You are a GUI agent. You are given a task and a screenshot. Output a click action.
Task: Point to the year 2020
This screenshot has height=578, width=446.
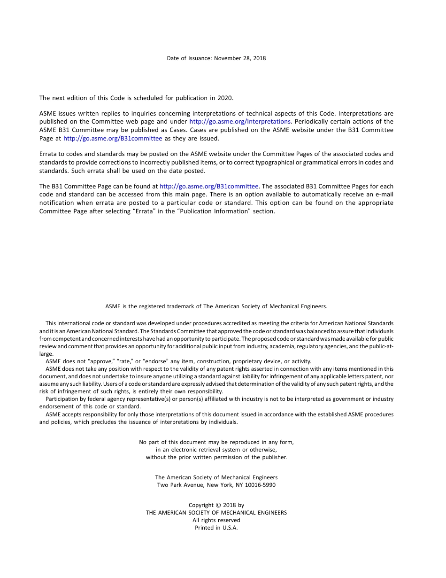pyautogui.click(x=225, y=98)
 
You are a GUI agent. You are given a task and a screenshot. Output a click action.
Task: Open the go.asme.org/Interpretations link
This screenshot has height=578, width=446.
pyautogui.click(x=239, y=122)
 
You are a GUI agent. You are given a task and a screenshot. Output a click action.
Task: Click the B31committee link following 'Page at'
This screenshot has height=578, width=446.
pyautogui.click(x=113, y=139)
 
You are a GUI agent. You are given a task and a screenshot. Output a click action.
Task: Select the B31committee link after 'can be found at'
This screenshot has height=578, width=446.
pyautogui.click(x=209, y=186)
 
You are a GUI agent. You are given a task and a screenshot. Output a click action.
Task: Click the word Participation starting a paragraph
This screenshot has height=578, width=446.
pyautogui.click(x=62, y=399)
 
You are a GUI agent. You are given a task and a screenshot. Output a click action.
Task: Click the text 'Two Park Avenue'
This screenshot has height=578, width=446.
pyautogui.click(x=180, y=485)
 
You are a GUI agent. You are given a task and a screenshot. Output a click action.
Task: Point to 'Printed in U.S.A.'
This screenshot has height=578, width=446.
pyautogui.click(x=216, y=528)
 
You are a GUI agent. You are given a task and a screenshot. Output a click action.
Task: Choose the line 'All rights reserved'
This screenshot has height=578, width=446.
pyautogui.click(x=216, y=520)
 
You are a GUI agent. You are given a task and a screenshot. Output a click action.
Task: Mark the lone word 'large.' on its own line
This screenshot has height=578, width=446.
pyautogui.click(x=46, y=354)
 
